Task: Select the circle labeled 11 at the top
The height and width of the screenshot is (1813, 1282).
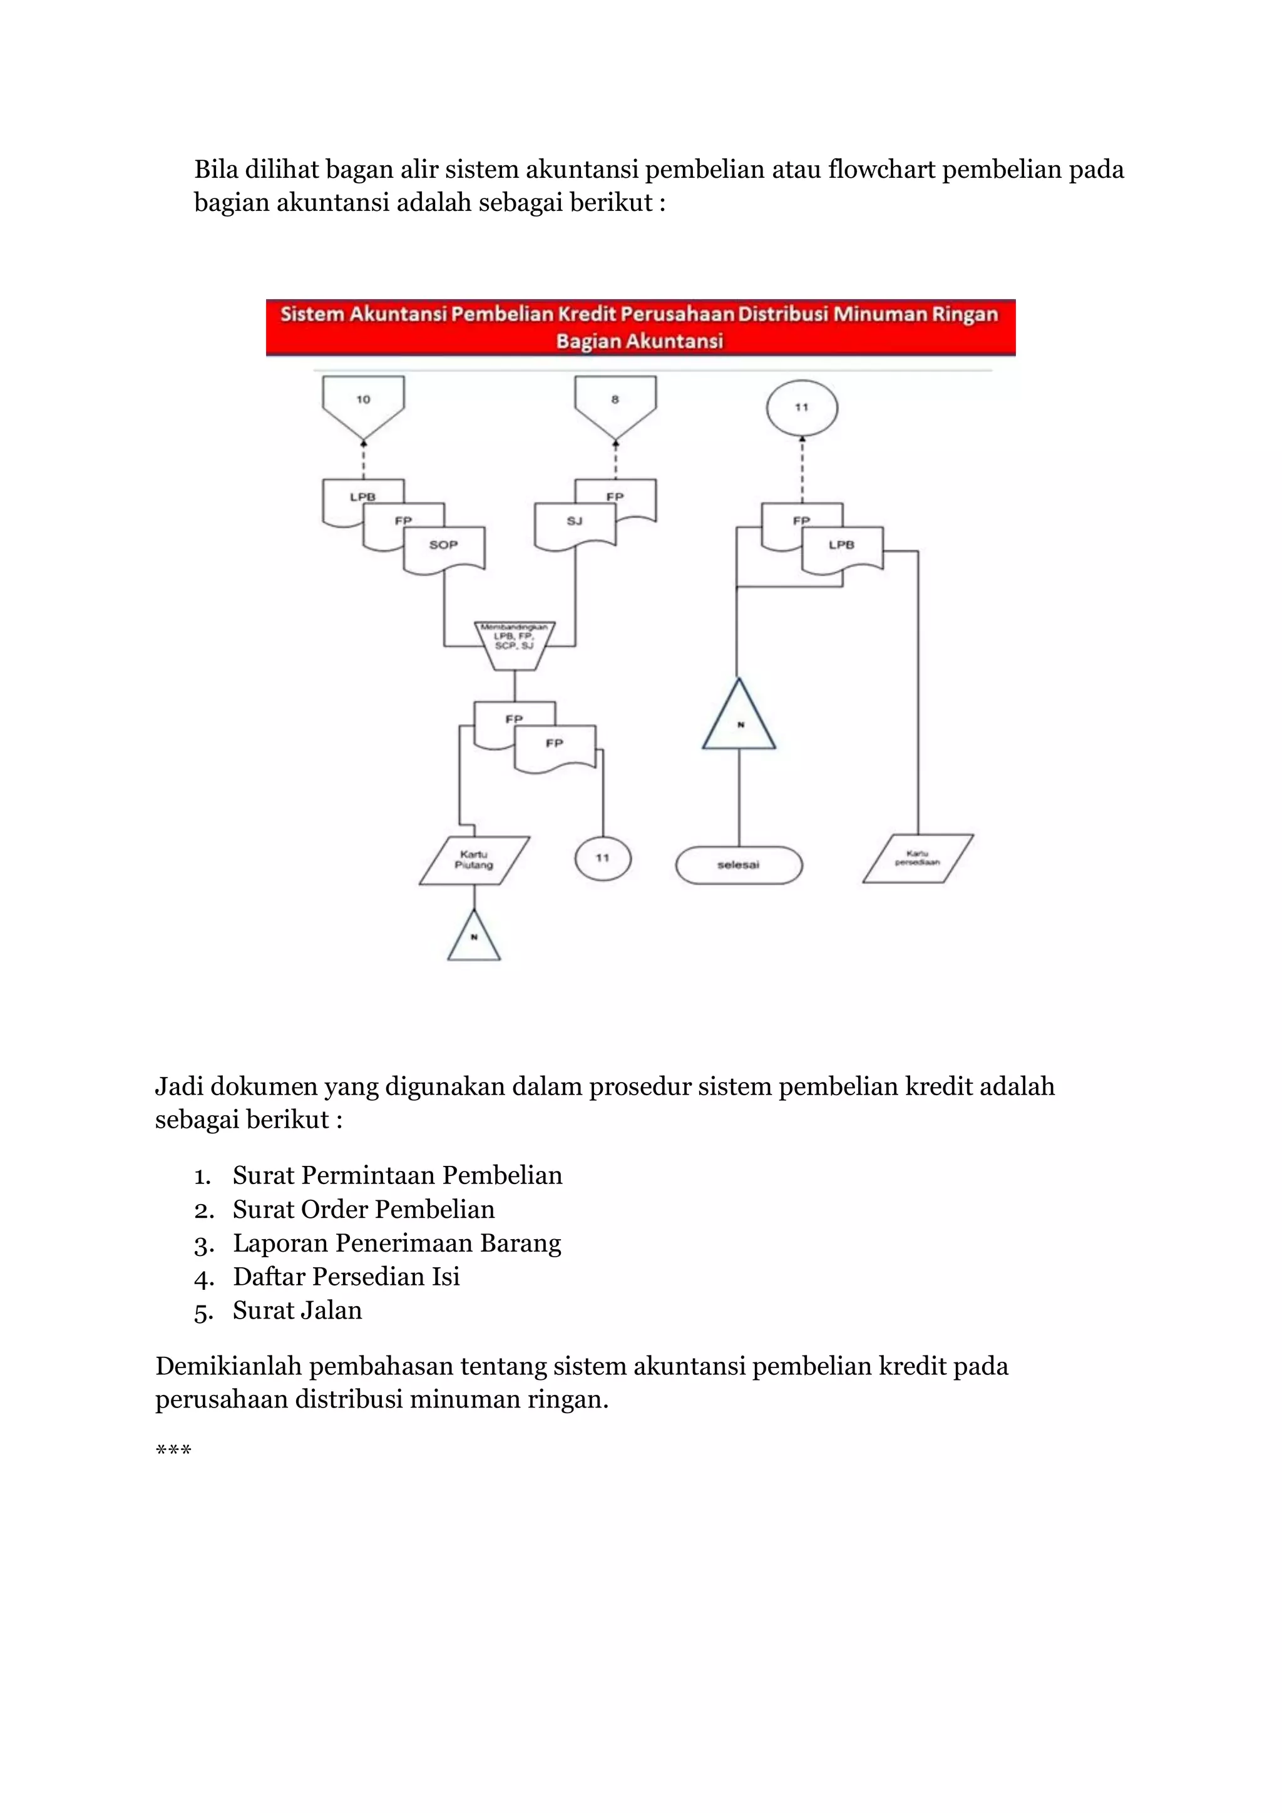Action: click(802, 407)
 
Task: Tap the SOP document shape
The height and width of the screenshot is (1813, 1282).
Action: click(444, 546)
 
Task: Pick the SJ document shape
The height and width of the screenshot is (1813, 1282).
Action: click(574, 523)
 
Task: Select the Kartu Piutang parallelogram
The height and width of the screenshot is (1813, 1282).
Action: click(474, 860)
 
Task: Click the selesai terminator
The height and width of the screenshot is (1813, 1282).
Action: click(739, 865)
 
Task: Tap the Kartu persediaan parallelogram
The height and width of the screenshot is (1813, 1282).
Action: click(918, 859)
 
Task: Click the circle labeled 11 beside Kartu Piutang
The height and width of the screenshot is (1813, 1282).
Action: click(603, 859)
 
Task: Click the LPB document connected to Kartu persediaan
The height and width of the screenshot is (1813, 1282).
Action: click(842, 546)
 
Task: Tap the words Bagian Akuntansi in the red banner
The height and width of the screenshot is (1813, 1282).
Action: click(640, 341)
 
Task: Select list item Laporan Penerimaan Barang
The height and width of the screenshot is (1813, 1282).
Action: click(396, 1243)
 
